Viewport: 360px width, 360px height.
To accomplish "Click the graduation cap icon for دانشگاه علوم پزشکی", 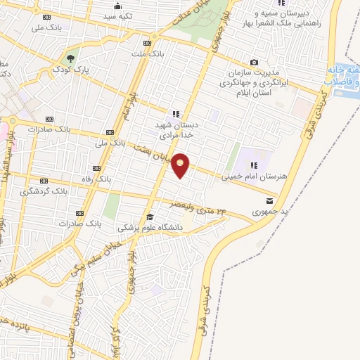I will [150, 217].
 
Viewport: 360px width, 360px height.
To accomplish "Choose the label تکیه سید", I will [114, 15].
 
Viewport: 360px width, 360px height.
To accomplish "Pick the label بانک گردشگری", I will [44, 190].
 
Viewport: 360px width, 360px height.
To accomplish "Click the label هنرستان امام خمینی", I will [254, 177].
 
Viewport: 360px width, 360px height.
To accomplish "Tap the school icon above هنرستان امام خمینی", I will [254, 165].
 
